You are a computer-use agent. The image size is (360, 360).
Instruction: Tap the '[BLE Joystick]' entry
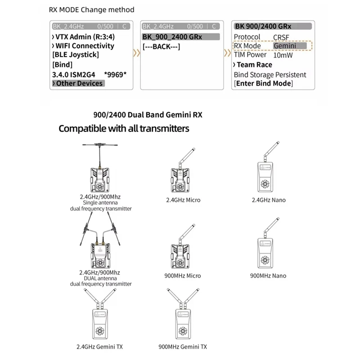coord(76,55)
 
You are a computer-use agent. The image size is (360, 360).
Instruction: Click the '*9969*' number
coord(115,74)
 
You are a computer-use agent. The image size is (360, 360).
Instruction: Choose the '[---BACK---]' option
coord(161,46)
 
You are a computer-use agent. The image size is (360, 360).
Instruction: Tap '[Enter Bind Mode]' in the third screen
coord(263,84)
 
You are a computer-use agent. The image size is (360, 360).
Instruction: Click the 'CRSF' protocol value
coord(282,37)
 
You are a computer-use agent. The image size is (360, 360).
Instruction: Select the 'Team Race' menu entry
coord(254,65)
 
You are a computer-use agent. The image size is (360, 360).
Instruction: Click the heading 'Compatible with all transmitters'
coord(124,129)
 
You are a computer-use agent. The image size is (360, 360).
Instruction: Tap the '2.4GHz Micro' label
coord(183,200)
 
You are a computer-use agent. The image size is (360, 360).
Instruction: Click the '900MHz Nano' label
coord(268,275)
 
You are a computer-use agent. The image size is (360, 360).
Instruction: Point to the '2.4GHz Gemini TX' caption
coord(100,346)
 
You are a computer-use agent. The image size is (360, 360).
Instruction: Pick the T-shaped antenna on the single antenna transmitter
coord(100,147)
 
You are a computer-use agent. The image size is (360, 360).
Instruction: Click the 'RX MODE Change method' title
coord(91,9)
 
